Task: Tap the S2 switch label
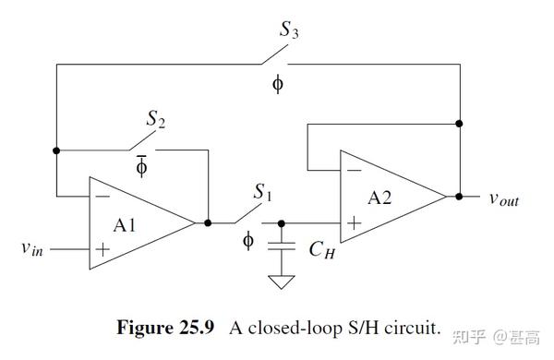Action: click(156, 119)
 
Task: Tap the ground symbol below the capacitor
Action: click(282, 282)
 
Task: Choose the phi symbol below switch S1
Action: click(247, 241)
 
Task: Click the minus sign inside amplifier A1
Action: click(102, 197)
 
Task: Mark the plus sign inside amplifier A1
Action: click(102, 248)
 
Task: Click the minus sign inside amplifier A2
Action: click(352, 171)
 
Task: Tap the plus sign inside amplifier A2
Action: click(352, 222)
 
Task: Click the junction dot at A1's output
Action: click(208, 222)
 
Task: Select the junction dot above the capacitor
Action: click(282, 222)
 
